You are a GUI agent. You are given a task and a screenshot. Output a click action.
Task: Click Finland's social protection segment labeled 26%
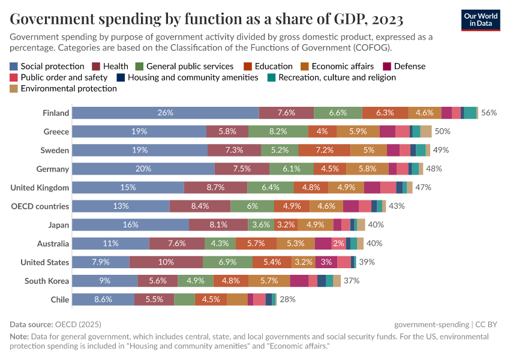pyautogui.click(x=166, y=113)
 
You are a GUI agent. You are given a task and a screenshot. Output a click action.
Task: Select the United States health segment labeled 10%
pyautogui.click(x=166, y=262)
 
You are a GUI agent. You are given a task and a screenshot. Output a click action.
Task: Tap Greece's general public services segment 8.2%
pyautogui.click(x=278, y=131)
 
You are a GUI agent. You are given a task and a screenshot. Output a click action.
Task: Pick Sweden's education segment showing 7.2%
pyautogui.click(x=324, y=150)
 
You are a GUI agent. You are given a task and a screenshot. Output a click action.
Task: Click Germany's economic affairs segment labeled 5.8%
pyautogui.click(x=367, y=169)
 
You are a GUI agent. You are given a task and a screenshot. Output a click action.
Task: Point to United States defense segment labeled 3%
pyautogui.click(x=326, y=262)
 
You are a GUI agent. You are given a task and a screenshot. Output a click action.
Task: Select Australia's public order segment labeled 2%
pyautogui.click(x=338, y=244)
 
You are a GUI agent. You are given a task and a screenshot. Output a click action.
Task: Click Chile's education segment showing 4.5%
pyautogui.click(x=211, y=299)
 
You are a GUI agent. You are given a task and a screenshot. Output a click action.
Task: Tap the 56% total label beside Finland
pyautogui.click(x=488, y=113)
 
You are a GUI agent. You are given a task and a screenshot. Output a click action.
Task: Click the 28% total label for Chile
pyautogui.click(x=287, y=299)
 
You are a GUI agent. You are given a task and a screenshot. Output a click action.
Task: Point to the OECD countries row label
pyautogui.click(x=40, y=206)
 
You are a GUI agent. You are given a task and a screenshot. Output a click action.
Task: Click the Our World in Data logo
pyautogui.click(x=481, y=20)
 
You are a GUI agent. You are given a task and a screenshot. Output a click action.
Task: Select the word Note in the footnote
pyautogui.click(x=19, y=337)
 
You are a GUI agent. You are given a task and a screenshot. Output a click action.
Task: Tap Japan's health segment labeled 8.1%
pyautogui.click(x=218, y=225)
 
